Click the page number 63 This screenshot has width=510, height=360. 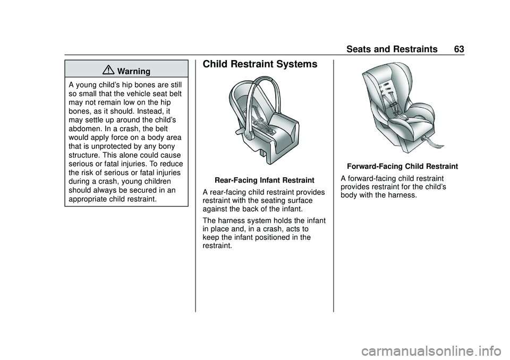459,49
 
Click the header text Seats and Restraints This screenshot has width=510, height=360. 392,49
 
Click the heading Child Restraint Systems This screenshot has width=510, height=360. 260,64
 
